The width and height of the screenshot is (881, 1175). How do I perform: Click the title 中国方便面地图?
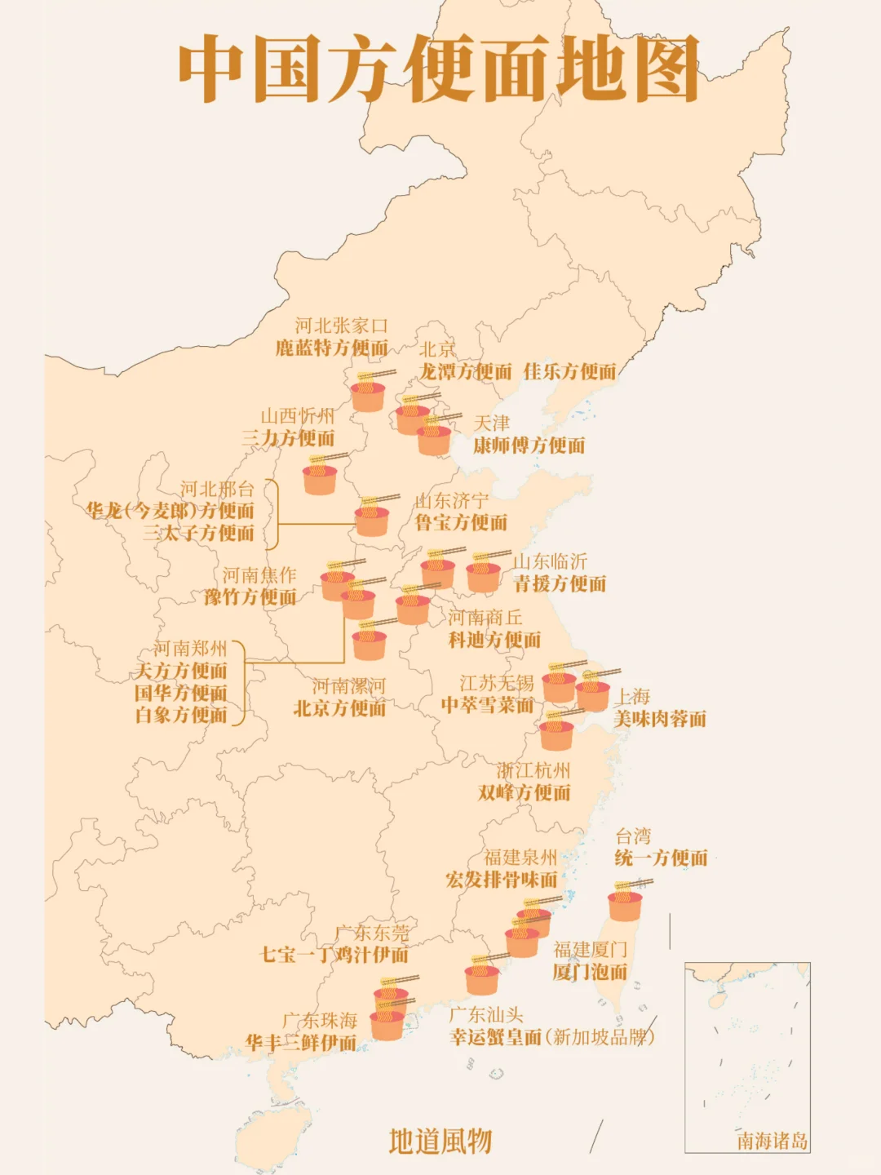pyautogui.click(x=439, y=69)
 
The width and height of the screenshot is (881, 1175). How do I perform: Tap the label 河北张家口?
pyautogui.click(x=341, y=326)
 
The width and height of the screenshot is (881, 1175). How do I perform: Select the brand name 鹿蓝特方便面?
pyautogui.click(x=331, y=348)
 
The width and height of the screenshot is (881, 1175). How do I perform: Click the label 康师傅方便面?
pyautogui.click(x=529, y=446)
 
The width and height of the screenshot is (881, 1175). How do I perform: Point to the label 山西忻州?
pyautogui.click(x=298, y=416)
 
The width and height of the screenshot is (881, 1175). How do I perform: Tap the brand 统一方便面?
pyautogui.click(x=661, y=858)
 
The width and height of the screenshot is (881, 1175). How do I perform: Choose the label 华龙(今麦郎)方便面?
pyautogui.click(x=170, y=512)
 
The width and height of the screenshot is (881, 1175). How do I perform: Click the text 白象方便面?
pyautogui.click(x=181, y=716)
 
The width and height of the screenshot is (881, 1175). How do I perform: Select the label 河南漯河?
pyautogui.click(x=348, y=686)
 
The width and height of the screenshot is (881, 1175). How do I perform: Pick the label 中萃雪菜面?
pyautogui.click(x=487, y=705)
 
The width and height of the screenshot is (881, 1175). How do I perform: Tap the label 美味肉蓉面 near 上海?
pyautogui.click(x=660, y=720)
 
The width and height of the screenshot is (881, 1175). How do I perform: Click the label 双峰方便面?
pyautogui.click(x=525, y=793)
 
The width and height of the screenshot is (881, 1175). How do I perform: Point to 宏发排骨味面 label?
pyautogui.click(x=502, y=880)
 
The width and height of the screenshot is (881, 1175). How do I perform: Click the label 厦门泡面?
pyautogui.click(x=590, y=973)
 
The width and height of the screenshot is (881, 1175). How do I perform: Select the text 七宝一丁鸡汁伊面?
pyautogui.click(x=334, y=955)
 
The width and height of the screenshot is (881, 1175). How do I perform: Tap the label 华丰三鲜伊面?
pyautogui.click(x=301, y=1044)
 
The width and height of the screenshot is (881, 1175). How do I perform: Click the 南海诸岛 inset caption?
pyautogui.click(x=772, y=1141)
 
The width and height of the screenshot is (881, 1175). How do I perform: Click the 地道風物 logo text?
pyautogui.click(x=440, y=1142)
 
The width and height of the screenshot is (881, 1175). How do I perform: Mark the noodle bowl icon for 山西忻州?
pyautogui.click(x=320, y=478)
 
